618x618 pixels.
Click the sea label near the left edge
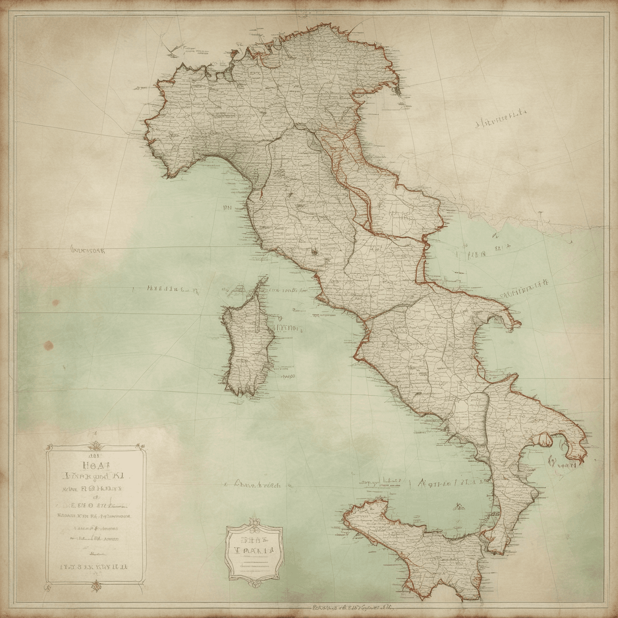click(90, 251)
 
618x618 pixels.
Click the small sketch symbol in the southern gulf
click(457, 506)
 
